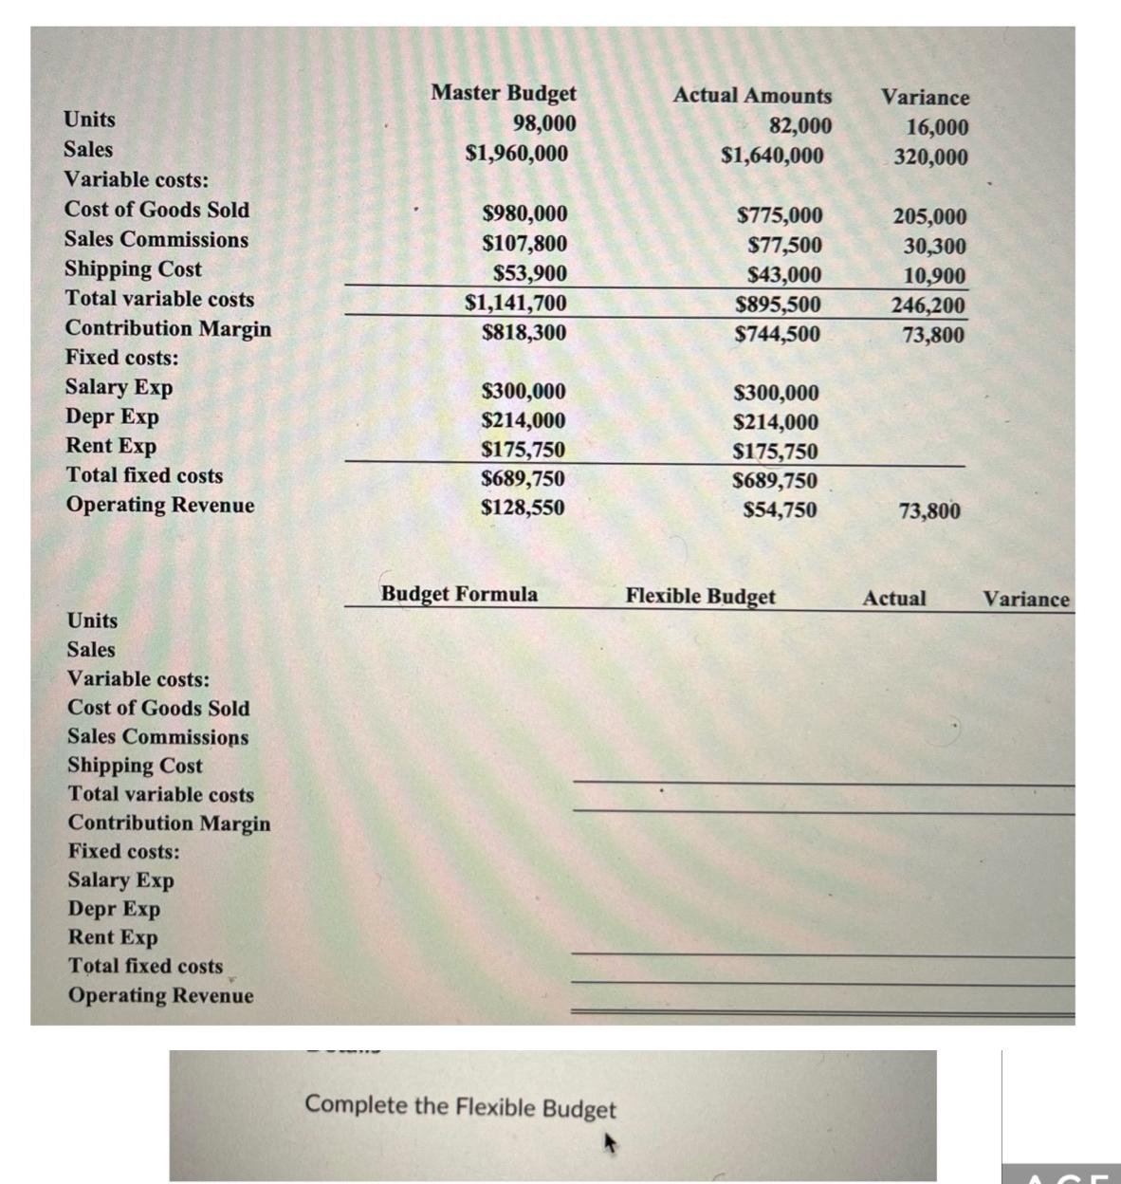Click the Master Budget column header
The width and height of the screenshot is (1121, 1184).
point(503,93)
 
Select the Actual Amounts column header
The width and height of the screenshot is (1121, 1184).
point(752,96)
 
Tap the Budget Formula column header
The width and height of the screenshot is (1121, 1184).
point(459,594)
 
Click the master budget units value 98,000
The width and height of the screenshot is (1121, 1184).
point(544,123)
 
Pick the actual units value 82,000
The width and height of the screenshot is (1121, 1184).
point(800,126)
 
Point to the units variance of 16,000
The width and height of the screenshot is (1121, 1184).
point(937,127)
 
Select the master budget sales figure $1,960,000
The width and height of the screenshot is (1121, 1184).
point(517,153)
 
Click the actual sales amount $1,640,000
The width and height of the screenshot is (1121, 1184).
point(772,156)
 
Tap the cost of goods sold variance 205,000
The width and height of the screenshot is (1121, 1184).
point(929,216)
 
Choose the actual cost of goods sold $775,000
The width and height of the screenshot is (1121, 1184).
point(780,215)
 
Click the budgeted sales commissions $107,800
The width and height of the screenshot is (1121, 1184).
point(524,243)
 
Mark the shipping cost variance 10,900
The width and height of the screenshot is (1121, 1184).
point(934,276)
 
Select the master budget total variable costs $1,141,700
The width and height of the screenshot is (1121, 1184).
point(516,303)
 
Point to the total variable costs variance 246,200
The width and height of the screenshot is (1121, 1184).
point(928,305)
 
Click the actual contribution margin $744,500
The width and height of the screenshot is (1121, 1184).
point(778,334)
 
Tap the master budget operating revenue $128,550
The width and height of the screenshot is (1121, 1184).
point(523,508)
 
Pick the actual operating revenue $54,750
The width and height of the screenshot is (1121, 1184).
point(780,510)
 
